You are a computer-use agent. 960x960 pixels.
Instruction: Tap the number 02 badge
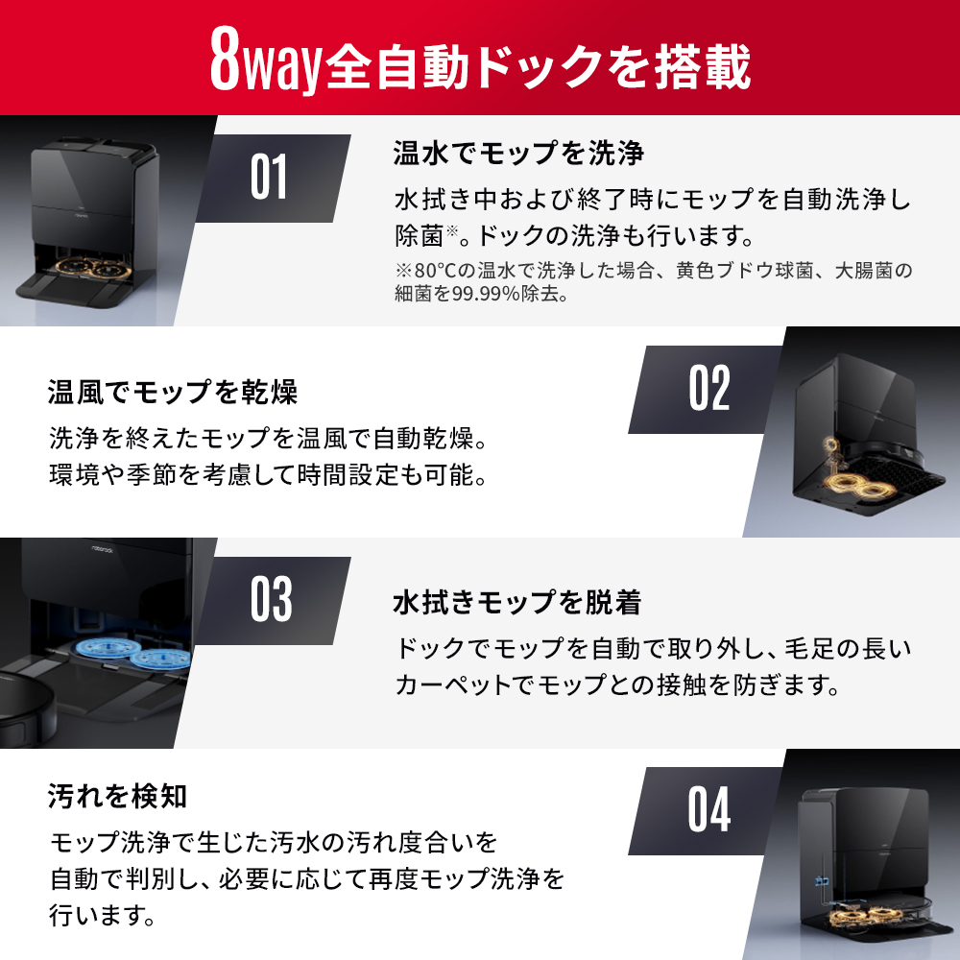(x=709, y=388)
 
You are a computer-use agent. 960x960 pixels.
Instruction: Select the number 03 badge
(x=271, y=599)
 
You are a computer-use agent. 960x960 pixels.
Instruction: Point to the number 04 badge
(x=709, y=809)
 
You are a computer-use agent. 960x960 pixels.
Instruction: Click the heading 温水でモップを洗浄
(x=517, y=153)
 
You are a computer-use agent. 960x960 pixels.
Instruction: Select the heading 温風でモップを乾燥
(x=173, y=392)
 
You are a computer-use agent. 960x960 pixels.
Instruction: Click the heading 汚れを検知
(x=117, y=796)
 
